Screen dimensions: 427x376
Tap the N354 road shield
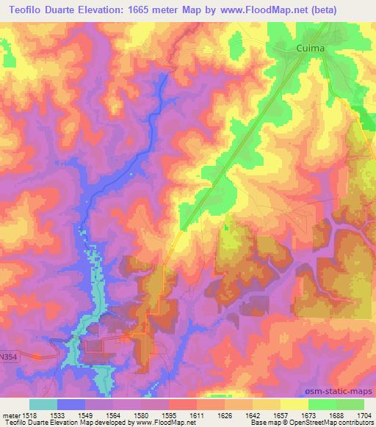(x=8, y=355)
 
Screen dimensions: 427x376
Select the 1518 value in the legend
(x=30, y=415)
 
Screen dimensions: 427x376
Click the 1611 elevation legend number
(x=197, y=415)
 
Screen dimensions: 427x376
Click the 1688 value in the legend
(x=336, y=415)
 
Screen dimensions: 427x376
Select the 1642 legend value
(x=253, y=415)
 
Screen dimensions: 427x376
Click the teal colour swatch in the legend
(x=43, y=404)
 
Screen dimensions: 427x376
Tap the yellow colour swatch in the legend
(x=294, y=404)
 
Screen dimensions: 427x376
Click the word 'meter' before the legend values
(x=10, y=415)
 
